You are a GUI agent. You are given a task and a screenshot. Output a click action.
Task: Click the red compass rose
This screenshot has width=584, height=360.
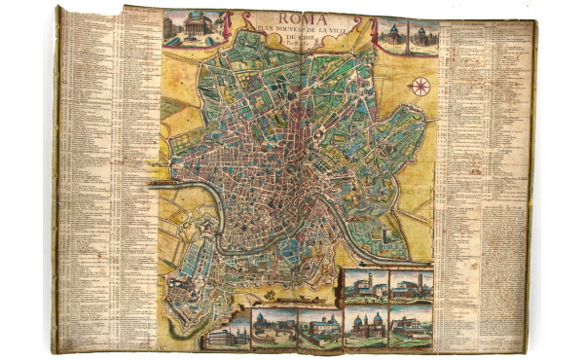pos(420,88)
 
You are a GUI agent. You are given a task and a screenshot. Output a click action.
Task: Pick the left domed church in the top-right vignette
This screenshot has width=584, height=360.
pos(393,30)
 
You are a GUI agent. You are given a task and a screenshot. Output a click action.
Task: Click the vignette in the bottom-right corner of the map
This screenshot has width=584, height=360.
pos(411,326)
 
